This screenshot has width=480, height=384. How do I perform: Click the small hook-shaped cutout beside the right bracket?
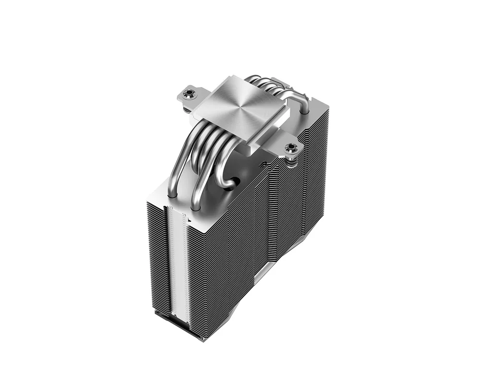pos(263,165)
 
